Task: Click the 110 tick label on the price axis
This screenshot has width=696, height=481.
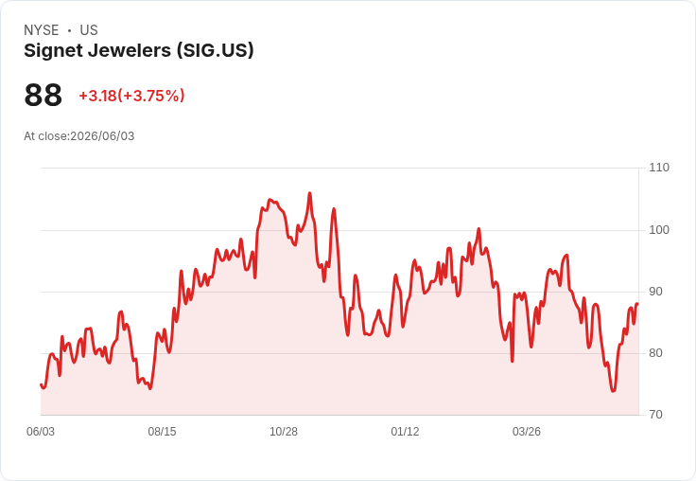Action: (659, 168)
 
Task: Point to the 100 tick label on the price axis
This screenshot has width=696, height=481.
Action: (659, 230)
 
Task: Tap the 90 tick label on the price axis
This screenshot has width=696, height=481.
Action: (655, 292)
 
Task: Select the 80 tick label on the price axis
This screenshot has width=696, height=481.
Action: (655, 353)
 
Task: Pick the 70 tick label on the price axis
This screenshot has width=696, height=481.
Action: (655, 415)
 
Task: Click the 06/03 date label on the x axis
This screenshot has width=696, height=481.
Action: (41, 432)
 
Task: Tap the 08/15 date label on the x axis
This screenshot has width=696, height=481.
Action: (162, 432)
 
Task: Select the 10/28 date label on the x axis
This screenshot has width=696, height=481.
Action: (284, 432)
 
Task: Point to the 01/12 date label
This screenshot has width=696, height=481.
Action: (405, 432)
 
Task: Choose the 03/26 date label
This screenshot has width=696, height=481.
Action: (527, 432)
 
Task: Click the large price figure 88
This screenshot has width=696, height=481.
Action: (43, 95)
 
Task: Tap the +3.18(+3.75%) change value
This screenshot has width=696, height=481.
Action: (131, 96)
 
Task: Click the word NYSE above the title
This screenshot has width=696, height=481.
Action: (42, 30)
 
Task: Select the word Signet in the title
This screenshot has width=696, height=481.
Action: (53, 51)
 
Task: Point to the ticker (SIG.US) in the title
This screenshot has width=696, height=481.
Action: (216, 51)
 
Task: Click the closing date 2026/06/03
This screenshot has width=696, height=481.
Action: (102, 136)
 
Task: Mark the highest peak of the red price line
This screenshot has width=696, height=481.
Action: (309, 193)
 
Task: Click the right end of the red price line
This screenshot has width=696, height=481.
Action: (637, 304)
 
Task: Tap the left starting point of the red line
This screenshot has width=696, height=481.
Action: (42, 384)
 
